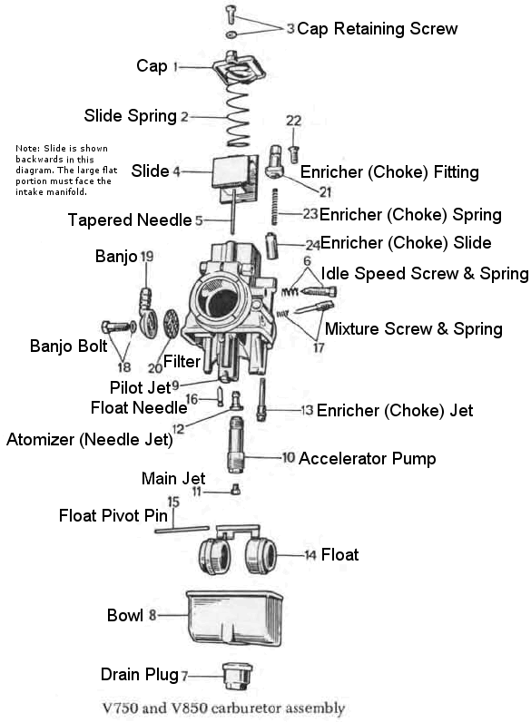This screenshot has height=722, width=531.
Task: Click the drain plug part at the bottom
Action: (x=237, y=676)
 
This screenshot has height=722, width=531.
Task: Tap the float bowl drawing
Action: (x=234, y=619)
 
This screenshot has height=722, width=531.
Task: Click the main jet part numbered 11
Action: (x=235, y=490)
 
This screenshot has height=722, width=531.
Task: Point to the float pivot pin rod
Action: (x=182, y=530)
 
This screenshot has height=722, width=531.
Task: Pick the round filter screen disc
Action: (x=171, y=323)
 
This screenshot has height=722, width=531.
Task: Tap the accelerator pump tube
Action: (x=235, y=444)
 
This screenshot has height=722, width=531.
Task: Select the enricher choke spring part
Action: (x=275, y=206)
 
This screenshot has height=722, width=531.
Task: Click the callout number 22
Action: (x=293, y=121)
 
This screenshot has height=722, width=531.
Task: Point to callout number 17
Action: (x=319, y=347)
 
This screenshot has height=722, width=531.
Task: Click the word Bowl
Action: (x=125, y=615)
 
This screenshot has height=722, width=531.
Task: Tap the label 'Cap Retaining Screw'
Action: (x=377, y=28)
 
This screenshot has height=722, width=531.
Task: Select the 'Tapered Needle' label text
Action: (x=130, y=220)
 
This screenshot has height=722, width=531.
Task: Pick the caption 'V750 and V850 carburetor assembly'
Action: (x=223, y=707)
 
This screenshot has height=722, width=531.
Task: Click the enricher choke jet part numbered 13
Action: (x=261, y=399)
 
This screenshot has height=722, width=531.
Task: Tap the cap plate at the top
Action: (x=239, y=68)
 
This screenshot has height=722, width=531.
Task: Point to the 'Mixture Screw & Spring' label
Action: (x=414, y=328)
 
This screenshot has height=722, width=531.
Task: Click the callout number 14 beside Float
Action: (x=310, y=555)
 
